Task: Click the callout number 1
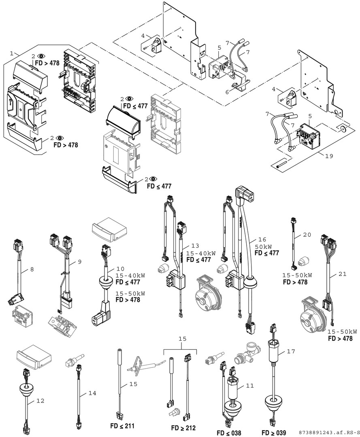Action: click(x=12, y=53)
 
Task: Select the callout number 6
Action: click(x=227, y=92)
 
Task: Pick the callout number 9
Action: click(x=80, y=262)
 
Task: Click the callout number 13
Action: click(x=196, y=246)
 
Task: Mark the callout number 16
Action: click(x=262, y=239)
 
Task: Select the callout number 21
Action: click(x=343, y=274)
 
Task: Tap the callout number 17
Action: click(x=291, y=352)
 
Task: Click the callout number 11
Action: click(x=250, y=386)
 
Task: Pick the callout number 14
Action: click(x=92, y=393)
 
